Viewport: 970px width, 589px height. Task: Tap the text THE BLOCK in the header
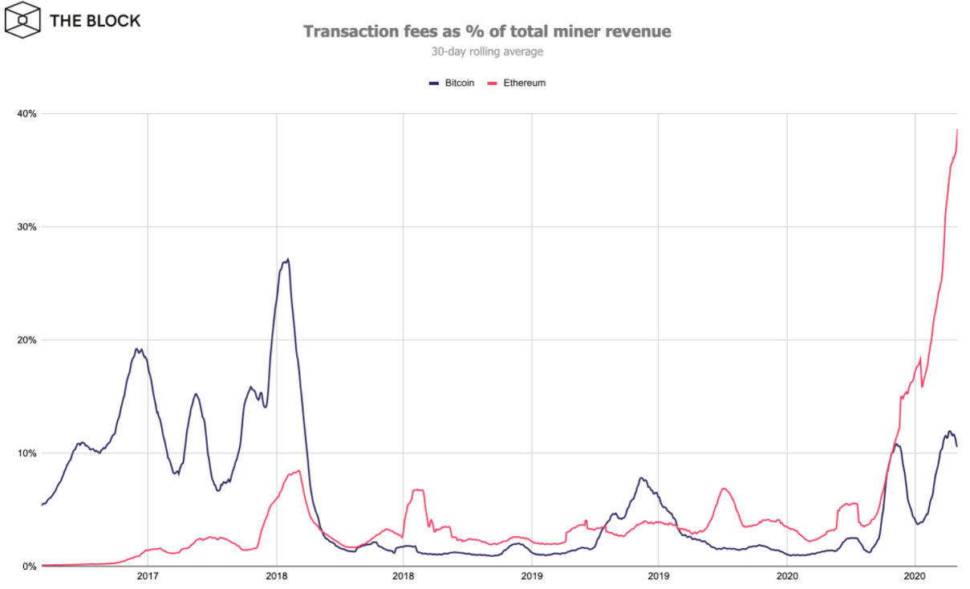pyautogui.click(x=95, y=20)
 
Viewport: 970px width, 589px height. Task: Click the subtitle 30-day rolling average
pyautogui.click(x=487, y=52)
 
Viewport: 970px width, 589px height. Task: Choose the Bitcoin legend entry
pyautogui.click(x=453, y=83)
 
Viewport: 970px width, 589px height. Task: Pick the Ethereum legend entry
pyautogui.click(x=517, y=83)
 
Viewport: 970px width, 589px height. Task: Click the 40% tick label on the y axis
pyautogui.click(x=27, y=114)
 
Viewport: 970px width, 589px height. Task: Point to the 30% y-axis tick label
pyautogui.click(x=27, y=227)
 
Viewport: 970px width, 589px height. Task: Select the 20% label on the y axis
pyautogui.click(x=27, y=340)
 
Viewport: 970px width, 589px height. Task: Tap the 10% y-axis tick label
pyautogui.click(x=27, y=453)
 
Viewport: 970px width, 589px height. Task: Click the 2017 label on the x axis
pyautogui.click(x=148, y=575)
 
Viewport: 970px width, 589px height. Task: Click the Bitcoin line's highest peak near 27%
pyautogui.click(x=287, y=259)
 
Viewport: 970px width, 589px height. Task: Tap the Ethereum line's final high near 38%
pyautogui.click(x=958, y=130)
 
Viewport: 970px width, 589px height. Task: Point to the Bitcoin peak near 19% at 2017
pyautogui.click(x=137, y=349)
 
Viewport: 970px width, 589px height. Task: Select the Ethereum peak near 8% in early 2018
pyautogui.click(x=298, y=471)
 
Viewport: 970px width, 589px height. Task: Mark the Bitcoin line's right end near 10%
pyautogui.click(x=957, y=446)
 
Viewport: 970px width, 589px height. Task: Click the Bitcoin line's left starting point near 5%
pyautogui.click(x=42, y=505)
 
